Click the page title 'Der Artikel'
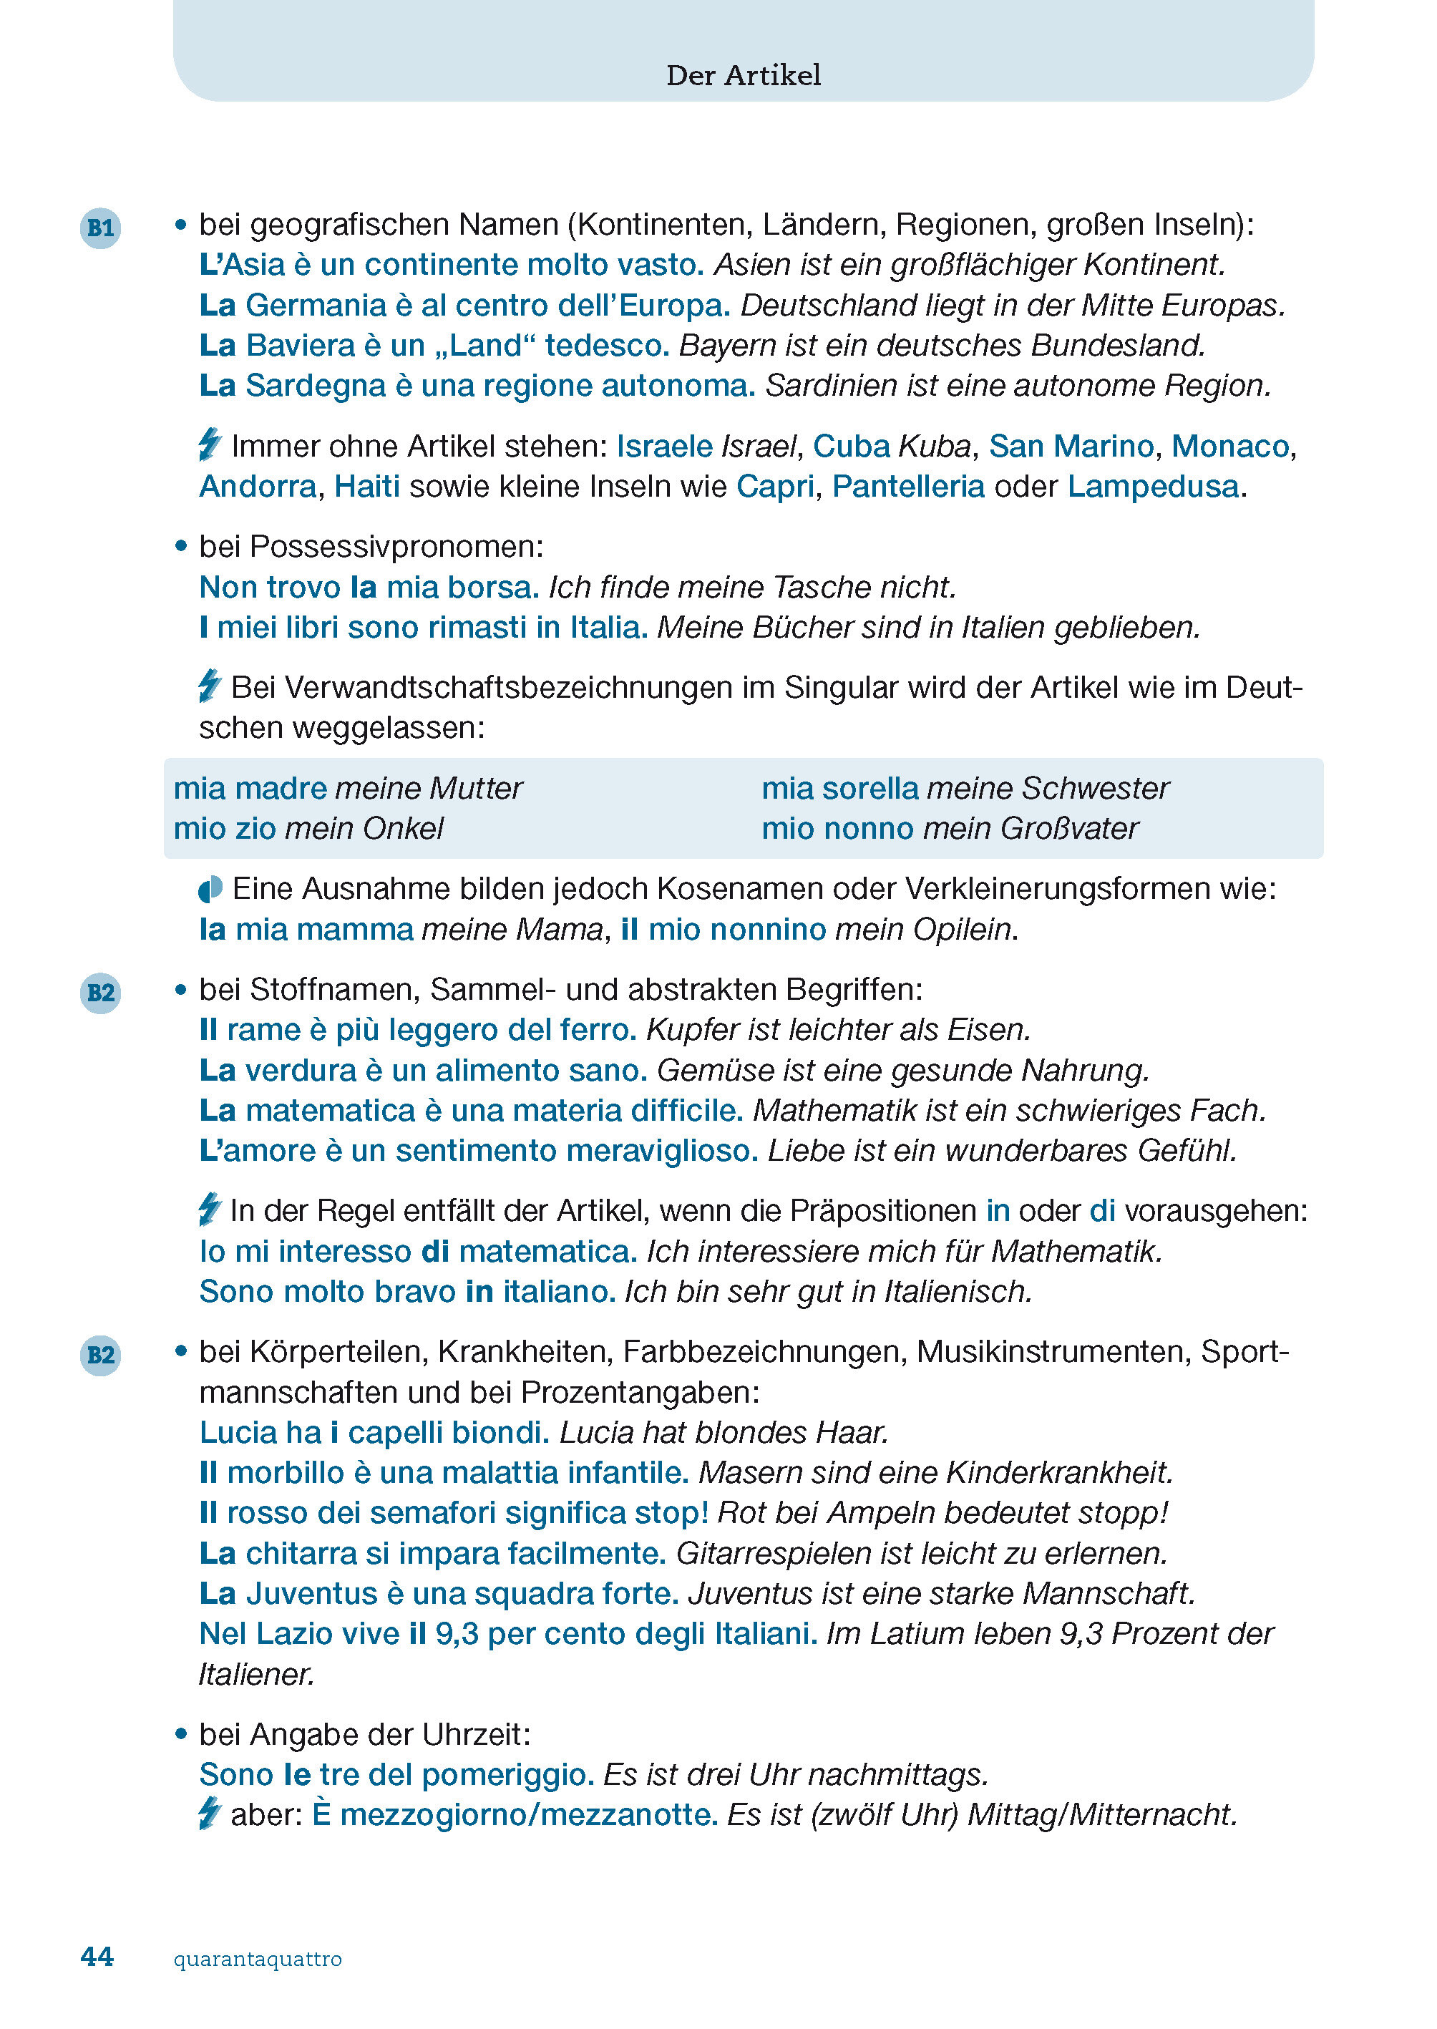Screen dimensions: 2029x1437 coord(744,75)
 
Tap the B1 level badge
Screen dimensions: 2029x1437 coord(100,228)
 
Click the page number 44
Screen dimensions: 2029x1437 coord(97,1957)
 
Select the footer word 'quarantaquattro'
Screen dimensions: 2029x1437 coord(258,1958)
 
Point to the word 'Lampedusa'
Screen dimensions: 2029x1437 coord(1152,487)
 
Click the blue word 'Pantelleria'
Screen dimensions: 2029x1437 coord(908,487)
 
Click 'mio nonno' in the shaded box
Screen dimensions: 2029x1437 coord(837,829)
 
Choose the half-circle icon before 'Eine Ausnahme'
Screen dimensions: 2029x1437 coord(210,890)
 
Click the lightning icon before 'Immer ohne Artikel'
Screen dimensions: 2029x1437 coord(210,444)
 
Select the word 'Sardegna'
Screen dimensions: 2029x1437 coord(316,386)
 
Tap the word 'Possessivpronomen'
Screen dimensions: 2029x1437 coord(396,547)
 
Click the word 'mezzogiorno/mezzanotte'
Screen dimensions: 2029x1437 coord(528,1815)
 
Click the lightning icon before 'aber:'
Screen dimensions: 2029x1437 coord(209,1813)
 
